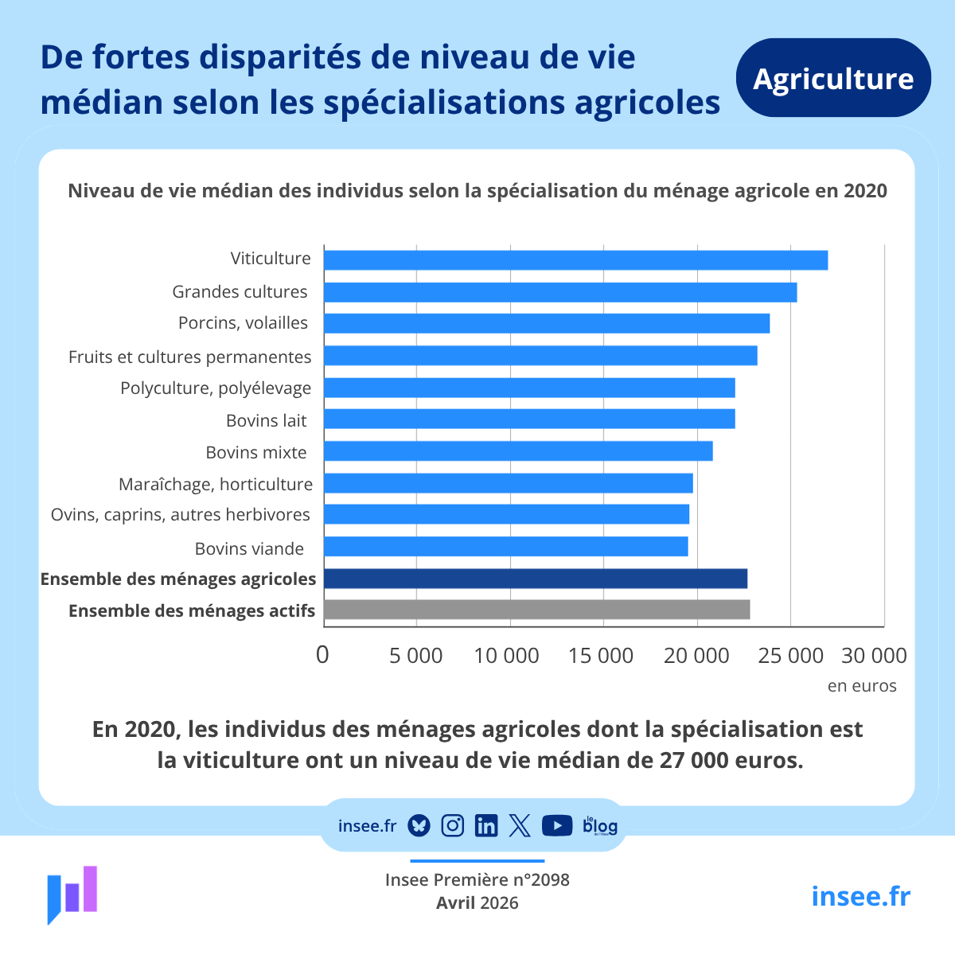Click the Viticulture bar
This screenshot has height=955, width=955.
point(575,260)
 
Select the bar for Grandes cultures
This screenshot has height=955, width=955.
point(560,292)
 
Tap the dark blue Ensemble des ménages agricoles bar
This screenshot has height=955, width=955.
point(536,579)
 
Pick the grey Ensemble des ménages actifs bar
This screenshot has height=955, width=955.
point(536,610)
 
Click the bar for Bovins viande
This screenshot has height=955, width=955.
point(506,547)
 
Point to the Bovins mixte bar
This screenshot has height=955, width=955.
point(518,451)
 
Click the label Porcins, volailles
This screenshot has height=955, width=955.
point(243,323)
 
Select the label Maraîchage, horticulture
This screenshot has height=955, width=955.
point(216,484)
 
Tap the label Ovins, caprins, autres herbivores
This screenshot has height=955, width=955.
point(181,515)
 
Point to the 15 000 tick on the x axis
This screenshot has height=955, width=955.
point(601,656)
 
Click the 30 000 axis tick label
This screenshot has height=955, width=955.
point(874,656)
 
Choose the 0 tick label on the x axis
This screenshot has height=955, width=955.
point(322,655)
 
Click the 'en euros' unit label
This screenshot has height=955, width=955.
point(862,686)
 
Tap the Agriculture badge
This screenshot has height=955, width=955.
point(833,78)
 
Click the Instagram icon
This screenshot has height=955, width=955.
point(452,825)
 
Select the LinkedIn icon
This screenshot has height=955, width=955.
point(485,825)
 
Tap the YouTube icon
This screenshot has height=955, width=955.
point(556,825)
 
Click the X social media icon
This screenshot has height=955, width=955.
point(520,825)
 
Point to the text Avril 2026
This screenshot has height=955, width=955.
point(477,902)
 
